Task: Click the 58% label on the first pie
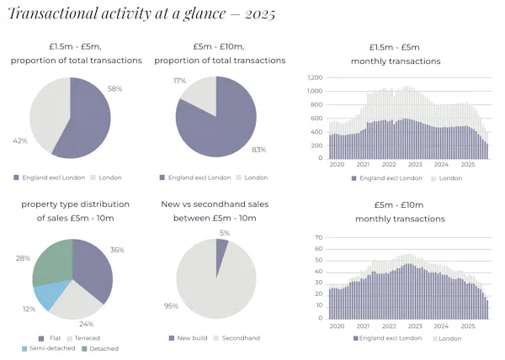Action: (x=116, y=88)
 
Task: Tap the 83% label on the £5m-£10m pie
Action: (x=258, y=150)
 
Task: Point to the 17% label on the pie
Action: (x=178, y=82)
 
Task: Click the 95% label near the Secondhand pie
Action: (x=171, y=305)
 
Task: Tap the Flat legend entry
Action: (x=50, y=337)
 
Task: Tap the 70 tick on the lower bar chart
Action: (x=318, y=238)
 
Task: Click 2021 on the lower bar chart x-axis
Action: (x=364, y=325)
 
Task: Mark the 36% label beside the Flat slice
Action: (x=117, y=250)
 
